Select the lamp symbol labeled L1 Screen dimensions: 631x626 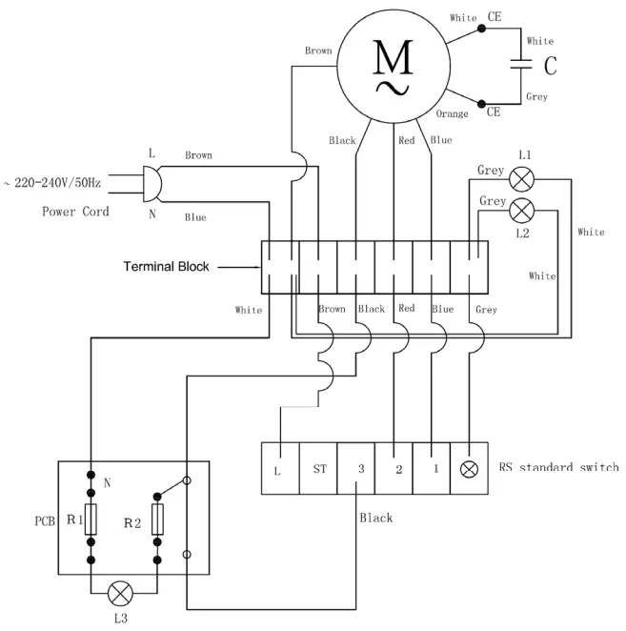click(x=521, y=177)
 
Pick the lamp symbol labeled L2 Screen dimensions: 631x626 click(x=521, y=209)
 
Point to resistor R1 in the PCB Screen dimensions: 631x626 click(x=91, y=520)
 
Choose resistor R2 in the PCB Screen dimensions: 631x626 click(x=159, y=520)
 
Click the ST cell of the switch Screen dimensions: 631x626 click(x=318, y=469)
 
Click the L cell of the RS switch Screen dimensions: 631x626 click(x=279, y=469)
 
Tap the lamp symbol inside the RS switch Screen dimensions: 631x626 click(x=469, y=469)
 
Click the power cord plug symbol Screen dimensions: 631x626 click(x=151, y=181)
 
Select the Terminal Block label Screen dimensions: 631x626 click(x=167, y=267)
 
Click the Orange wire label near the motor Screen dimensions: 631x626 click(x=452, y=114)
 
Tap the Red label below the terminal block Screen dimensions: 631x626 click(x=407, y=309)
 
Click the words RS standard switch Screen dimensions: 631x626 click(x=558, y=468)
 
